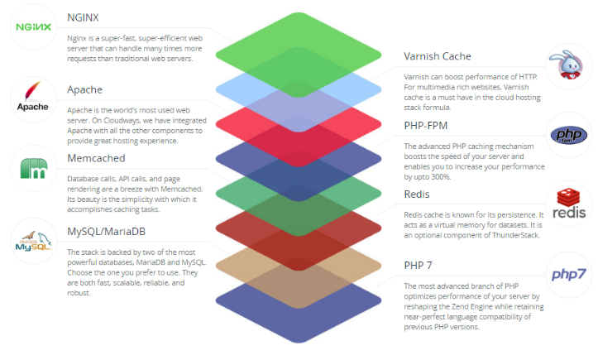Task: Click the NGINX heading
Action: coord(84,17)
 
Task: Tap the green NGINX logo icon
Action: coord(34,26)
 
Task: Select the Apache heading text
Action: coord(85,89)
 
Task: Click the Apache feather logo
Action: coord(34,98)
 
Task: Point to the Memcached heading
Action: coord(96,157)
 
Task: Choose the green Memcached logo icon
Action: coord(34,169)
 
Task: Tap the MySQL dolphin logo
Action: coord(34,241)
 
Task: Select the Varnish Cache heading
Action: coord(438,56)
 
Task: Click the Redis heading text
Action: coord(419,193)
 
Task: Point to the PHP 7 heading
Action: coord(419,265)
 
